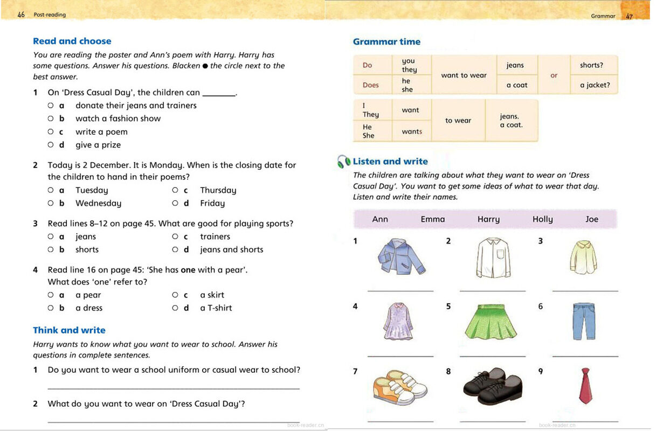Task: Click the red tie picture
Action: point(585,386)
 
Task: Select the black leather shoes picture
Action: point(493,386)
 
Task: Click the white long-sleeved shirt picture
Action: point(493,258)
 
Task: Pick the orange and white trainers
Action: point(400,387)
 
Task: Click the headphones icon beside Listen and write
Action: point(344,161)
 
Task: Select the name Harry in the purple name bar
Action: point(488,219)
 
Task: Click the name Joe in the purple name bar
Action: point(592,219)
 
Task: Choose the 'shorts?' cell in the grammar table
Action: point(591,65)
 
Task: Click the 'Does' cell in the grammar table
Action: point(371,85)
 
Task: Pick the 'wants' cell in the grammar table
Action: point(412,131)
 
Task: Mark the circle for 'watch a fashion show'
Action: point(51,119)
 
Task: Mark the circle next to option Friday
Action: point(175,203)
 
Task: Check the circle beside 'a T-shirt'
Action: point(175,308)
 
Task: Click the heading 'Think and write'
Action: point(69,330)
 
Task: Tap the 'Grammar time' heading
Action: point(386,41)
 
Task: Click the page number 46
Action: point(21,15)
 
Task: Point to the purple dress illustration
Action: point(398,322)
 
